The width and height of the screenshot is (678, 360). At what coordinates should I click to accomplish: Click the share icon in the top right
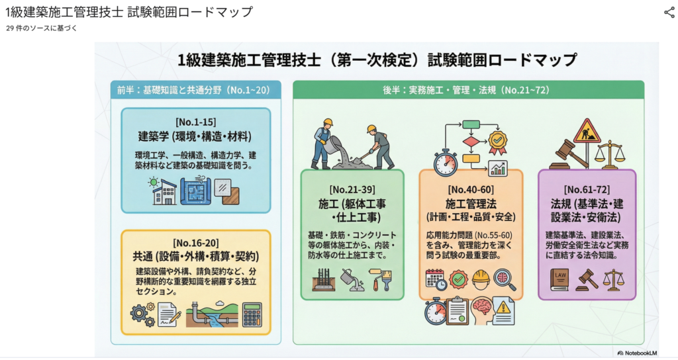point(669,12)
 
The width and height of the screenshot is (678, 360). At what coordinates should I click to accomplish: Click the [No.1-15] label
point(196,123)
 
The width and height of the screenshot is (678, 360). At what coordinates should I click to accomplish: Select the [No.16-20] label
point(196,243)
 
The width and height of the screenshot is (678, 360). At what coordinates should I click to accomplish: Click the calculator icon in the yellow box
point(252,314)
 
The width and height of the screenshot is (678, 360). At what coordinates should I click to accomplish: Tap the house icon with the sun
point(163,191)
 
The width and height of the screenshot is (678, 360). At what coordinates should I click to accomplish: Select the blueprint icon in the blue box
point(196,191)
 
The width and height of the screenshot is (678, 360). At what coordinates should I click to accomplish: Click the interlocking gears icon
point(142,314)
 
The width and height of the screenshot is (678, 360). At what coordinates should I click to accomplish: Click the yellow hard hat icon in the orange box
point(481,279)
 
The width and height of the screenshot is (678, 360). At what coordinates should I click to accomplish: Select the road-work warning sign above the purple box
point(587,132)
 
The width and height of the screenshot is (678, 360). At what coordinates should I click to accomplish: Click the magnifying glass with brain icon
point(505,279)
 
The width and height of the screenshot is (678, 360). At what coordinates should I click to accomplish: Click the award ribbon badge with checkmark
point(497,139)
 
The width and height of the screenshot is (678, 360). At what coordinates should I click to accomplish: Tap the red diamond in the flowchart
point(471,141)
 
